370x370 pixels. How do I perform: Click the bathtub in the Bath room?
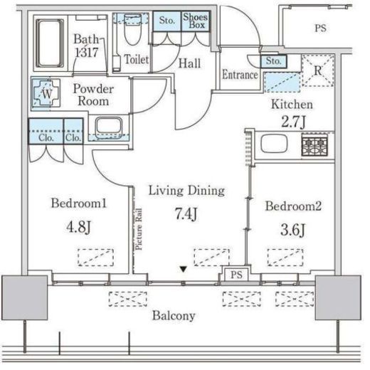click(50, 43)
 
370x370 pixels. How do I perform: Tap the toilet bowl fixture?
click(133, 30)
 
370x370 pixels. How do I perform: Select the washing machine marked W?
click(46, 94)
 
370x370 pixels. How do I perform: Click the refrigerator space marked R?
click(318, 70)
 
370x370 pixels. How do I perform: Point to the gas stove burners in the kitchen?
click(314, 144)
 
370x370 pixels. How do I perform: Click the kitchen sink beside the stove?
click(274, 144)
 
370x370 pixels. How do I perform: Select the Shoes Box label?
click(196, 21)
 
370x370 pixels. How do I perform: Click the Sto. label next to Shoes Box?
click(167, 20)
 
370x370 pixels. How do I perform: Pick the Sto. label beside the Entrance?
click(273, 61)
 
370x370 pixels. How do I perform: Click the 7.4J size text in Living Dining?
click(186, 213)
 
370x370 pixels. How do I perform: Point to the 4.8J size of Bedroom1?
click(78, 226)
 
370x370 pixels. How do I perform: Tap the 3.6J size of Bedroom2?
click(293, 230)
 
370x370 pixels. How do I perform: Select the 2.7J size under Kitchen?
click(293, 122)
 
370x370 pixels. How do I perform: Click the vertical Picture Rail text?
click(139, 229)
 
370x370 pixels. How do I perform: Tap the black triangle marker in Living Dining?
click(183, 269)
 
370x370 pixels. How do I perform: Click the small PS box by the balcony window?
click(236, 275)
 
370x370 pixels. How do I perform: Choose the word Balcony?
click(174, 316)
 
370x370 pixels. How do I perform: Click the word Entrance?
click(240, 75)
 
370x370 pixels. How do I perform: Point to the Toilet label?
click(137, 59)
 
